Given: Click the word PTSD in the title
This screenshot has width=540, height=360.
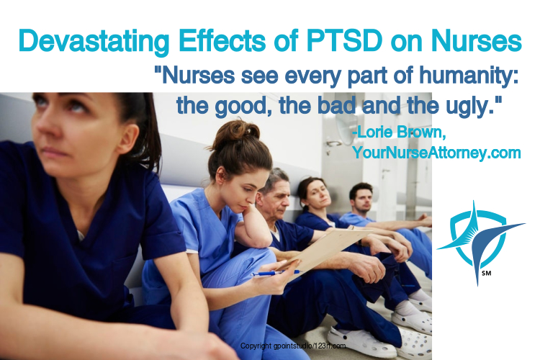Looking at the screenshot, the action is (x=344, y=41).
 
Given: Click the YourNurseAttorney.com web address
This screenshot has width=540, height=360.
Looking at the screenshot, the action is (x=436, y=152).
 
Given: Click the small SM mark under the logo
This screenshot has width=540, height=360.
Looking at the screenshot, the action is (x=487, y=273).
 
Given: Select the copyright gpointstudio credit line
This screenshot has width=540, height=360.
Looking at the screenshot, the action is (x=293, y=346).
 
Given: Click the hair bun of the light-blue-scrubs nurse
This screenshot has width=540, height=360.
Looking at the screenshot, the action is (x=238, y=131).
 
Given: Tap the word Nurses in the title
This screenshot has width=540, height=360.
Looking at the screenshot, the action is (x=477, y=41).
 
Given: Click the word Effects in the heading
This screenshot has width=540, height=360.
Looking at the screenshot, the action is (x=222, y=41).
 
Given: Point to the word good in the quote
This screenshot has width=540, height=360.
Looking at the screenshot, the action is (x=241, y=107).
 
